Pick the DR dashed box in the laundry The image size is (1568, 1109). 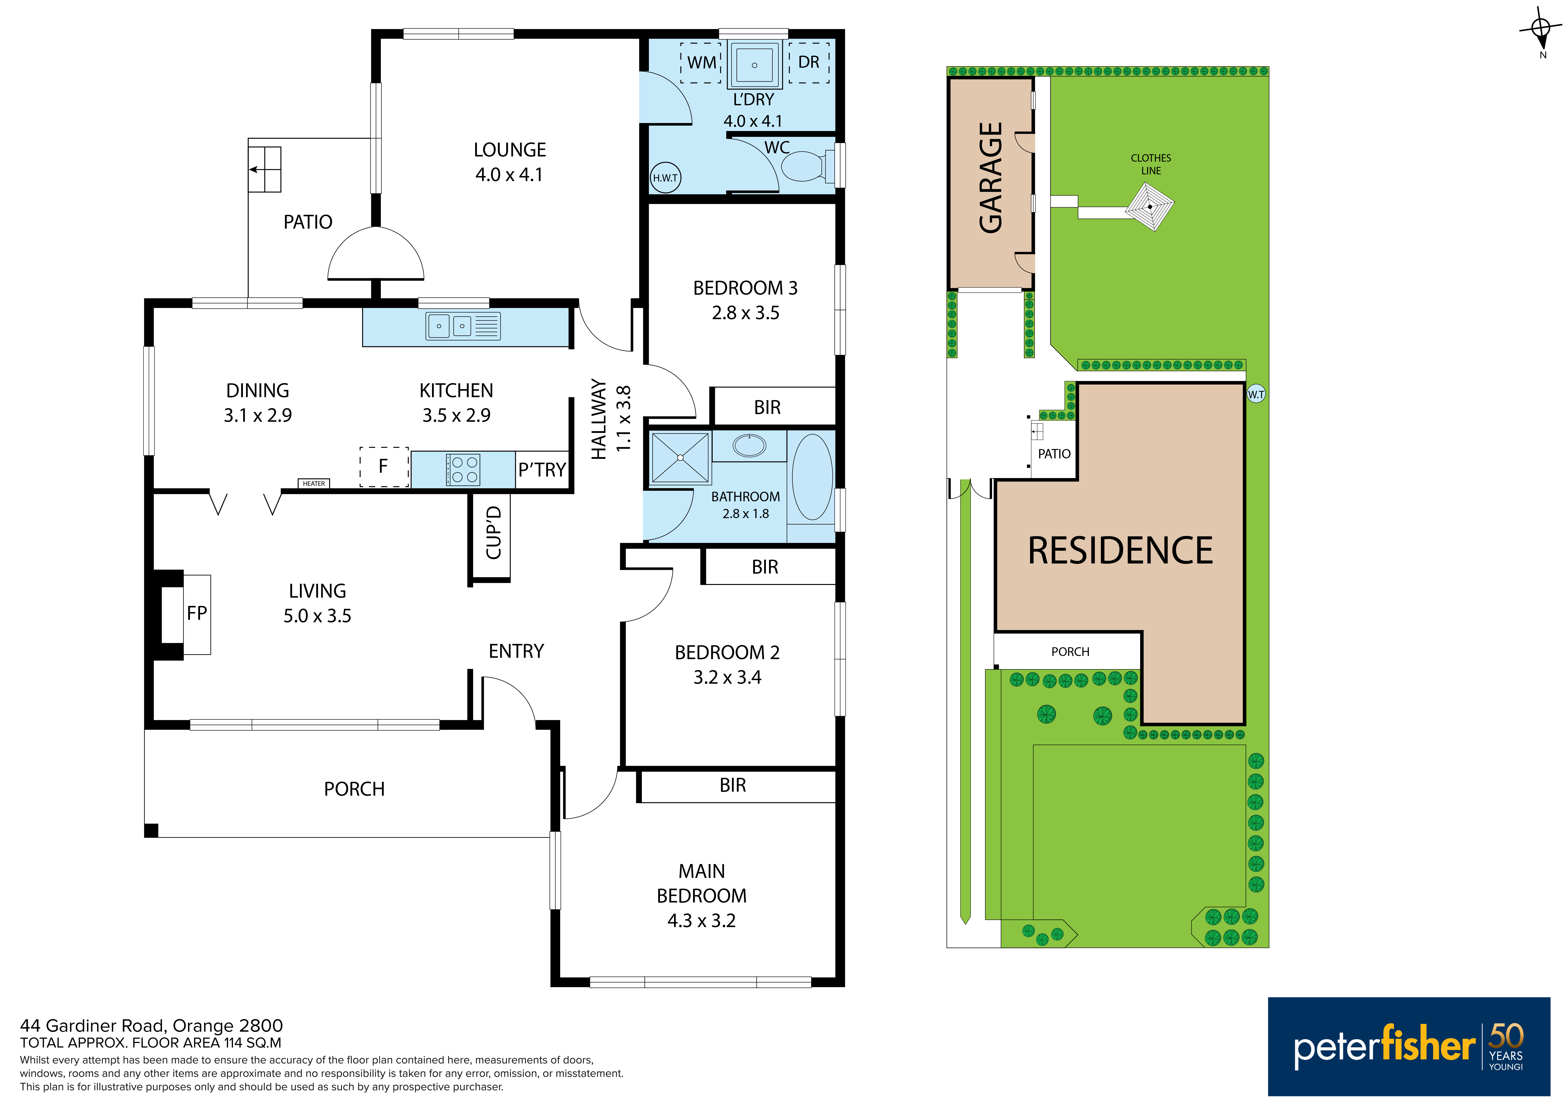click(x=809, y=63)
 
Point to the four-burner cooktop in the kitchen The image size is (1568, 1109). click(x=463, y=470)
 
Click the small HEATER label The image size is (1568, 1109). click(x=314, y=483)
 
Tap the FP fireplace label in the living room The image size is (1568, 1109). click(x=197, y=613)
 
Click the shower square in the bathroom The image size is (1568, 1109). click(x=680, y=458)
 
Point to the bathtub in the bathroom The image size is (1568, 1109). click(x=812, y=477)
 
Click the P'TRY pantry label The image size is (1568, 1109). click(x=542, y=470)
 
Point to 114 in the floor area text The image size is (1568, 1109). click(x=234, y=1043)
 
